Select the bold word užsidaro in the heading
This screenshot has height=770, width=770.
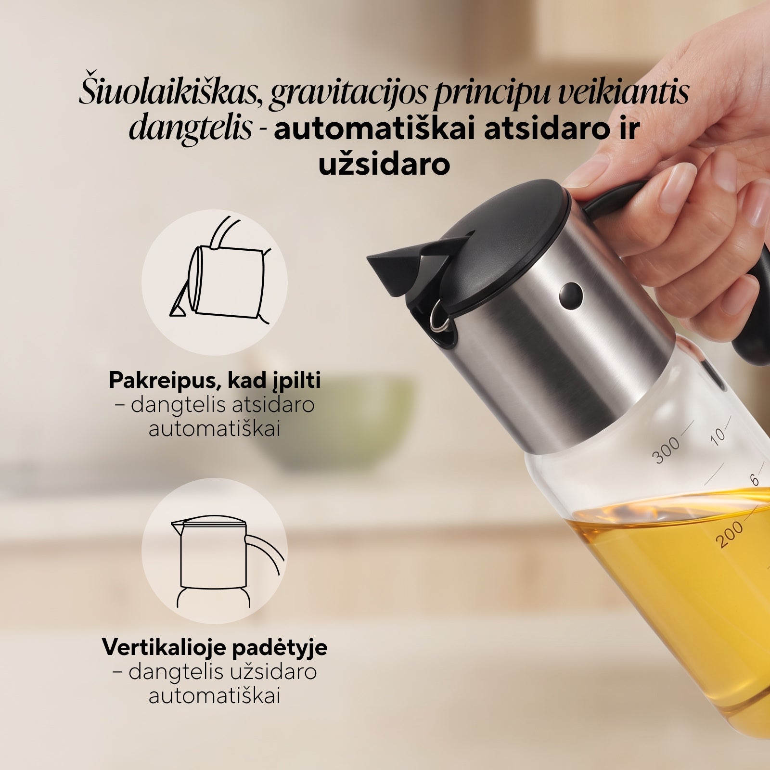point(384,165)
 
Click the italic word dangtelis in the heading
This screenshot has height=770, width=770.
point(191,128)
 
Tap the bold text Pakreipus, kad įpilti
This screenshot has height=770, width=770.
point(215,381)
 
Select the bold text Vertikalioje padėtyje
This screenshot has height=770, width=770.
point(215,647)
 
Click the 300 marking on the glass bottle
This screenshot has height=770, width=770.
point(667,450)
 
